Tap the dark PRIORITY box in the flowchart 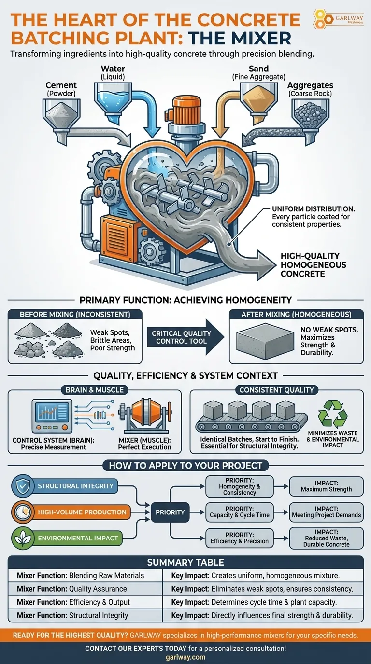pos(170,512)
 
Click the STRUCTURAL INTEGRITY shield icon pos(22,486)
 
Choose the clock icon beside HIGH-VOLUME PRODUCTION pos(22,512)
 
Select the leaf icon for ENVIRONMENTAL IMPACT pos(22,538)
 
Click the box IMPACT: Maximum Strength pos(326,486)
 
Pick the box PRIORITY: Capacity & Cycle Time pos(240,512)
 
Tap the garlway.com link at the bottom pos(185,657)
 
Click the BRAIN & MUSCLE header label pos(95,390)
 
